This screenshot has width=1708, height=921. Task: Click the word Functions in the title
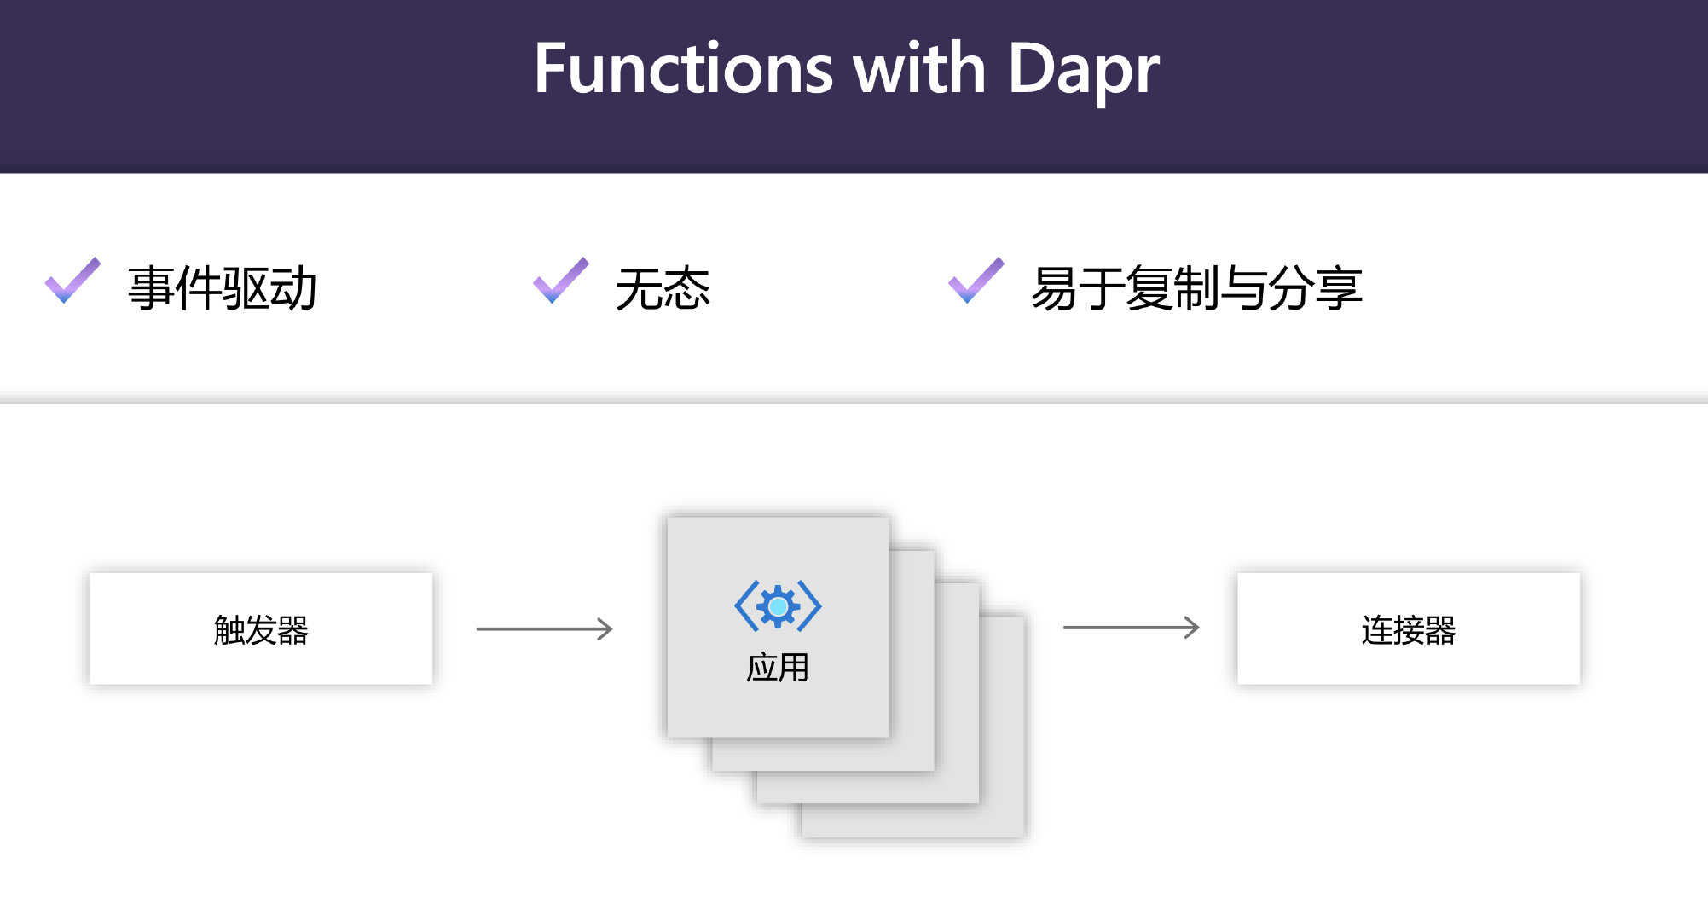pyautogui.click(x=683, y=70)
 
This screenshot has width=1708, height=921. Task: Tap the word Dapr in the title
pyautogui.click(x=1083, y=70)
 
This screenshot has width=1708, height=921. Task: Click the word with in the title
pyautogui.click(x=919, y=70)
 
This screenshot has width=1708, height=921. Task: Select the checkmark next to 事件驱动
pyautogui.click(x=72, y=281)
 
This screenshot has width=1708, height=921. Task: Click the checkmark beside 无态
pyautogui.click(x=560, y=281)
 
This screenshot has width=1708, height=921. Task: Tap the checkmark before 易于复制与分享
pyautogui.click(x=976, y=281)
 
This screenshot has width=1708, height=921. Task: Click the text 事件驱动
pyautogui.click(x=222, y=288)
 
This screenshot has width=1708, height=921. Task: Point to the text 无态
pyautogui.click(x=663, y=288)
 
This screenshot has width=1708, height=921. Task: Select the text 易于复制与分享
pyautogui.click(x=1196, y=288)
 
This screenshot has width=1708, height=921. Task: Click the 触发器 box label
pyautogui.click(x=261, y=630)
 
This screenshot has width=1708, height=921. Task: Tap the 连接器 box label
pyautogui.click(x=1408, y=630)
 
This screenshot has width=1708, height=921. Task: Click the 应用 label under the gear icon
pyautogui.click(x=777, y=668)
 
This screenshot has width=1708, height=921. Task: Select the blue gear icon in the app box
pyautogui.click(x=778, y=606)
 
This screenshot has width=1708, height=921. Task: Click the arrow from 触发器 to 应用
pyautogui.click(x=544, y=629)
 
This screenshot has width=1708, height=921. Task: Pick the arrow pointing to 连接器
pyautogui.click(x=1131, y=628)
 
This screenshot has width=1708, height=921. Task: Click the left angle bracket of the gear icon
pyautogui.click(x=745, y=606)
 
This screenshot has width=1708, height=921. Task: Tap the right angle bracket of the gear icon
pyautogui.click(x=810, y=606)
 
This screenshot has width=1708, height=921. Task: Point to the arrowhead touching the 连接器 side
pyautogui.click(x=1193, y=628)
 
